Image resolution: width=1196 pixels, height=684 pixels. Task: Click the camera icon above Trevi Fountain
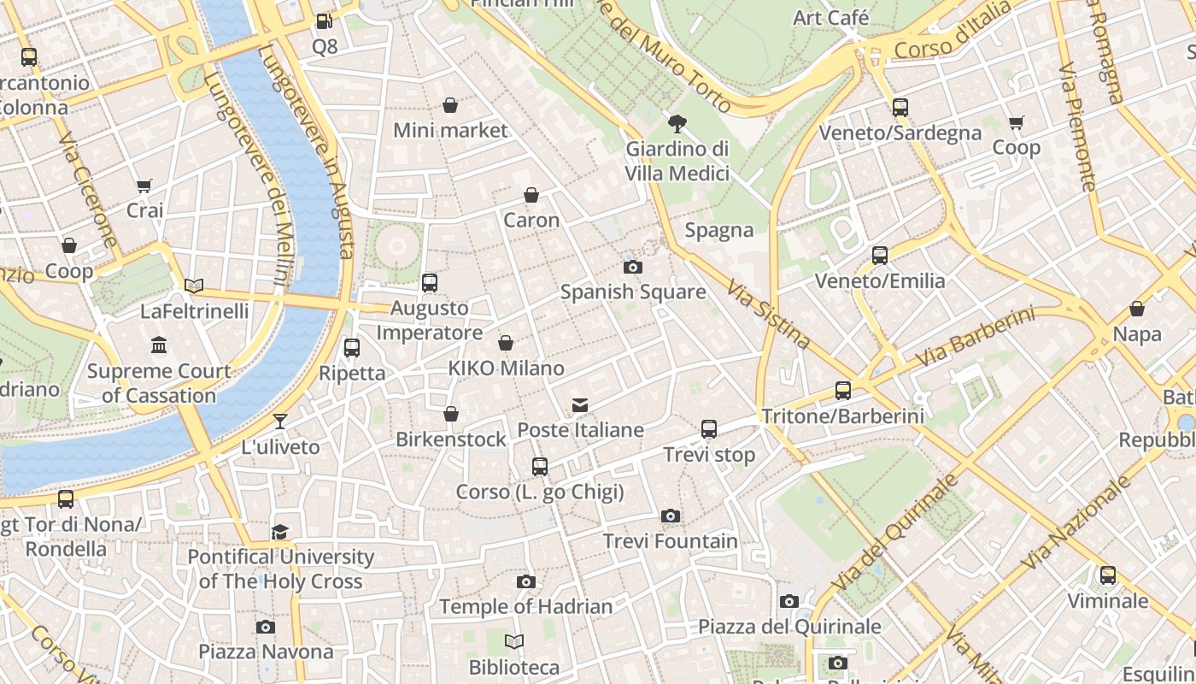coord(671,516)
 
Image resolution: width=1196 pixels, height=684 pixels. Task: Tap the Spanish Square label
coord(633,292)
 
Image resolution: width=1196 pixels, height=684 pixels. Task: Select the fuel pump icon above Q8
coord(324,21)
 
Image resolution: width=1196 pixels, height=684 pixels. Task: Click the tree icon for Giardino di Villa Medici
coord(677,124)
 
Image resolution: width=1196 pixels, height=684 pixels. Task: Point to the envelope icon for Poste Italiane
coord(580,404)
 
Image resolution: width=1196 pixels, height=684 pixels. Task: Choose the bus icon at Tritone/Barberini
coord(843,391)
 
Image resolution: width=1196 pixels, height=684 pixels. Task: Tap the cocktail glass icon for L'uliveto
coord(280,422)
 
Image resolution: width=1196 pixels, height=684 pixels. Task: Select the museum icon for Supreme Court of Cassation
coord(159,345)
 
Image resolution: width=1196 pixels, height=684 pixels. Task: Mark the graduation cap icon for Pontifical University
coord(280,532)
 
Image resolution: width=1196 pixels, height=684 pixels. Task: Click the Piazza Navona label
coord(266,652)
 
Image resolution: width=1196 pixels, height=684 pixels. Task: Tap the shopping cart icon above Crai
coord(144,186)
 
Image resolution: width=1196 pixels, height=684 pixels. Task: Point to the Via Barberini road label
coord(975,339)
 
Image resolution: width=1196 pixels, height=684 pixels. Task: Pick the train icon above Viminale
coord(1108,575)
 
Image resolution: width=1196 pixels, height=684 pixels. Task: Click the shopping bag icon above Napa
coord(1137,309)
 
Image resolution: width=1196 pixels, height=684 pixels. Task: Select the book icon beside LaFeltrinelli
coord(194,286)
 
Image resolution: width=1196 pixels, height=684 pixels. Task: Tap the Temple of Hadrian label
coord(526,607)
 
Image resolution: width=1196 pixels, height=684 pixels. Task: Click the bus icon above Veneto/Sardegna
coord(900,108)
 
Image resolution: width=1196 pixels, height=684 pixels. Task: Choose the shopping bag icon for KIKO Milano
coord(506,343)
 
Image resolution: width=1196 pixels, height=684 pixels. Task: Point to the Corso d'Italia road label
coord(953,31)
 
